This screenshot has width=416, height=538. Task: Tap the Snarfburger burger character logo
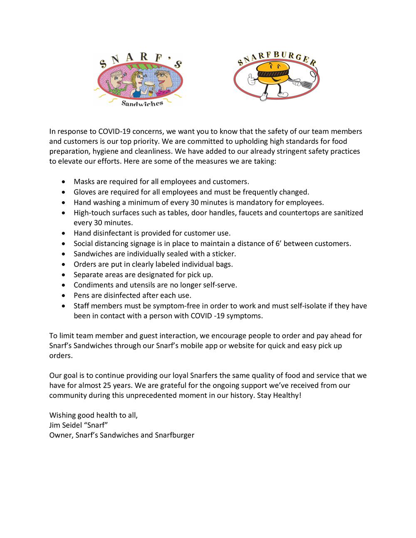point(276,77)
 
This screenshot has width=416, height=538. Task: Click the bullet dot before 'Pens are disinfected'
point(63,296)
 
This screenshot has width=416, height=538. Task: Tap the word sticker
point(223,254)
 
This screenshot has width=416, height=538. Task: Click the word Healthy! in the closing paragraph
point(287,395)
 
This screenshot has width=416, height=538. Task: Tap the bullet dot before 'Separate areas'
point(63,275)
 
